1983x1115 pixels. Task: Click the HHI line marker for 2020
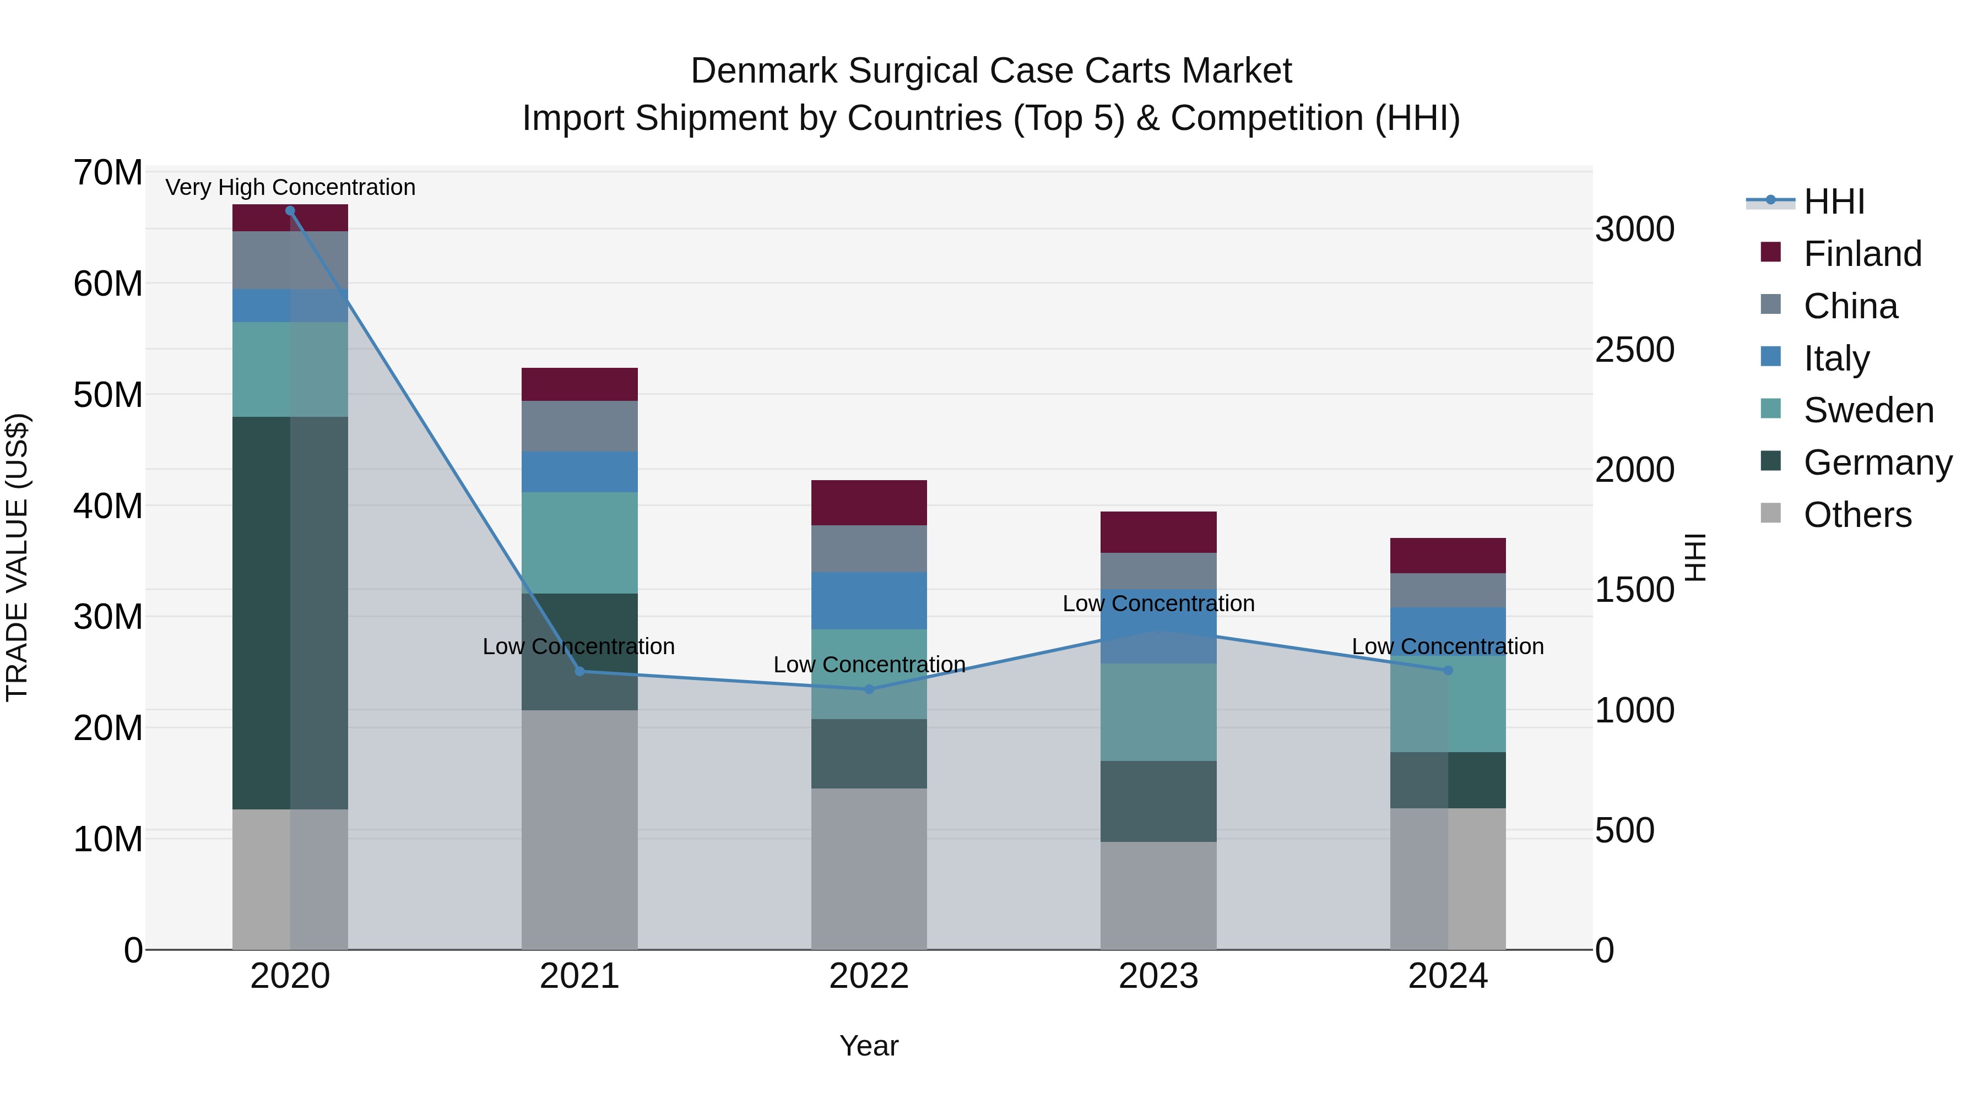tap(290, 211)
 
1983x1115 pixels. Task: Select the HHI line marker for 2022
tap(869, 689)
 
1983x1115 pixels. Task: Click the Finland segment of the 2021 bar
tap(579, 384)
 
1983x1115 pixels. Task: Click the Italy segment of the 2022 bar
tap(869, 600)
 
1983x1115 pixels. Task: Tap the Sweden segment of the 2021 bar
tap(579, 542)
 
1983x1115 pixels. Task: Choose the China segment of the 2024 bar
tap(1448, 590)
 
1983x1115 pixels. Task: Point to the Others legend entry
tap(1857, 515)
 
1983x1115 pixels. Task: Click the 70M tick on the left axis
tap(108, 172)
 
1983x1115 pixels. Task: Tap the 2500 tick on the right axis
tap(1634, 350)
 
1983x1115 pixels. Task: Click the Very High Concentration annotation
tap(290, 187)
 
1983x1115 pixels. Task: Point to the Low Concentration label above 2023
tap(1158, 603)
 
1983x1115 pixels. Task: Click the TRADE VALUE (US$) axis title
tap(17, 557)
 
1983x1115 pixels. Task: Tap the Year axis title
tap(869, 1046)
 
